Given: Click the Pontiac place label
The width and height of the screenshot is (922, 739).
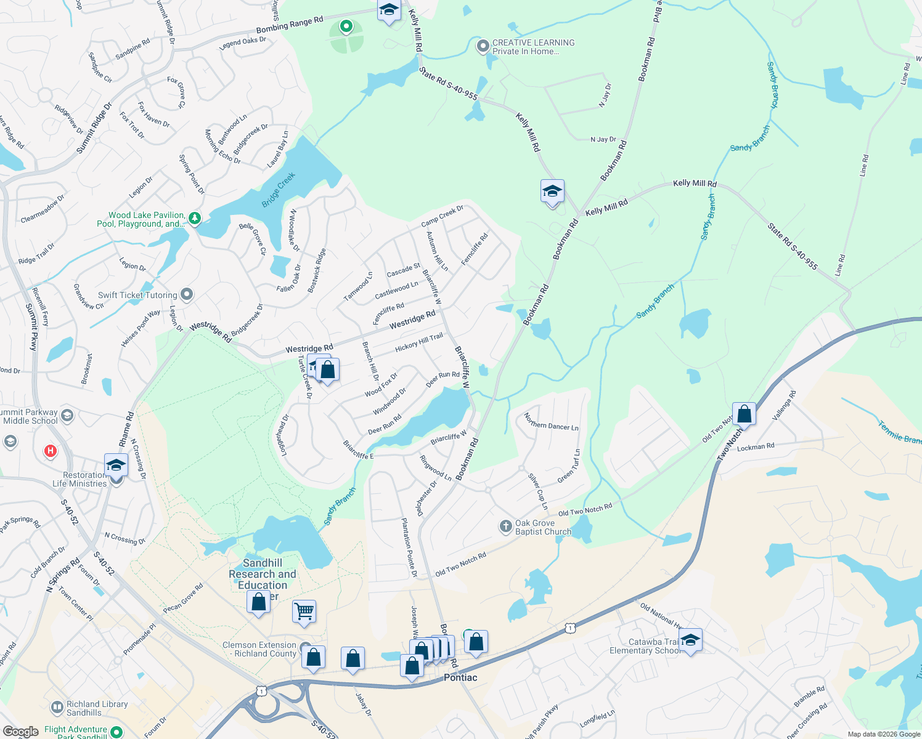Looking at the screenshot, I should pos(460,677).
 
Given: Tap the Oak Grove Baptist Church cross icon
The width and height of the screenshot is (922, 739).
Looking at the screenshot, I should pos(505,526).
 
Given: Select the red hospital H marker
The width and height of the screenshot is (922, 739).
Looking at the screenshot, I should pos(51,451).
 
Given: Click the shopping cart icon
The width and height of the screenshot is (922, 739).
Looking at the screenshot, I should pos(304,611).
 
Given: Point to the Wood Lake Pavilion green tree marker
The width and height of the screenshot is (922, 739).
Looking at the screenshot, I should pos(195,218).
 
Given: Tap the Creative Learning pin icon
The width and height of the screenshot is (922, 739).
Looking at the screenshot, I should pos(484,46).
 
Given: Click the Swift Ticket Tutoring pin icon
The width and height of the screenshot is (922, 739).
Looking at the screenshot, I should pos(187,295).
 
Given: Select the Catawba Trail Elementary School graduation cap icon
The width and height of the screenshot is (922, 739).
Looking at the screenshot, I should pos(690,640).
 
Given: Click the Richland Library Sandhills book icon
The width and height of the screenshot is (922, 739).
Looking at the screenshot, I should pos(57,708).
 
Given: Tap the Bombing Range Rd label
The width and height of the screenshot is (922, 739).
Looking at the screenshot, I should pos(290,25).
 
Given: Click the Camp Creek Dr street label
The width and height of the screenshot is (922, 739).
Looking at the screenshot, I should pos(442,216).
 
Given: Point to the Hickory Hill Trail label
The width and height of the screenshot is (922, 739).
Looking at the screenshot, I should pos(419,342).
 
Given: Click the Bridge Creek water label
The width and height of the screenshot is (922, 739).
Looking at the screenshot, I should pos(279,190).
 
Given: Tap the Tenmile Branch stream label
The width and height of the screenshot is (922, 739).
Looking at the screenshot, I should pos(900,432).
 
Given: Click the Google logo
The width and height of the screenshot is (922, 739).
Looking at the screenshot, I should pos(20,732).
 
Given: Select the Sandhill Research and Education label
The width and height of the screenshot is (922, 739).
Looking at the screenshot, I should pos(263,574).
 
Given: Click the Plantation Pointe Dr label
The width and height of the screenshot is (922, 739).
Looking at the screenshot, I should pos(409,547).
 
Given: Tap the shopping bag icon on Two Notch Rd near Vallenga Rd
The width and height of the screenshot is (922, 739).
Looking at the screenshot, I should pos(744,414).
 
